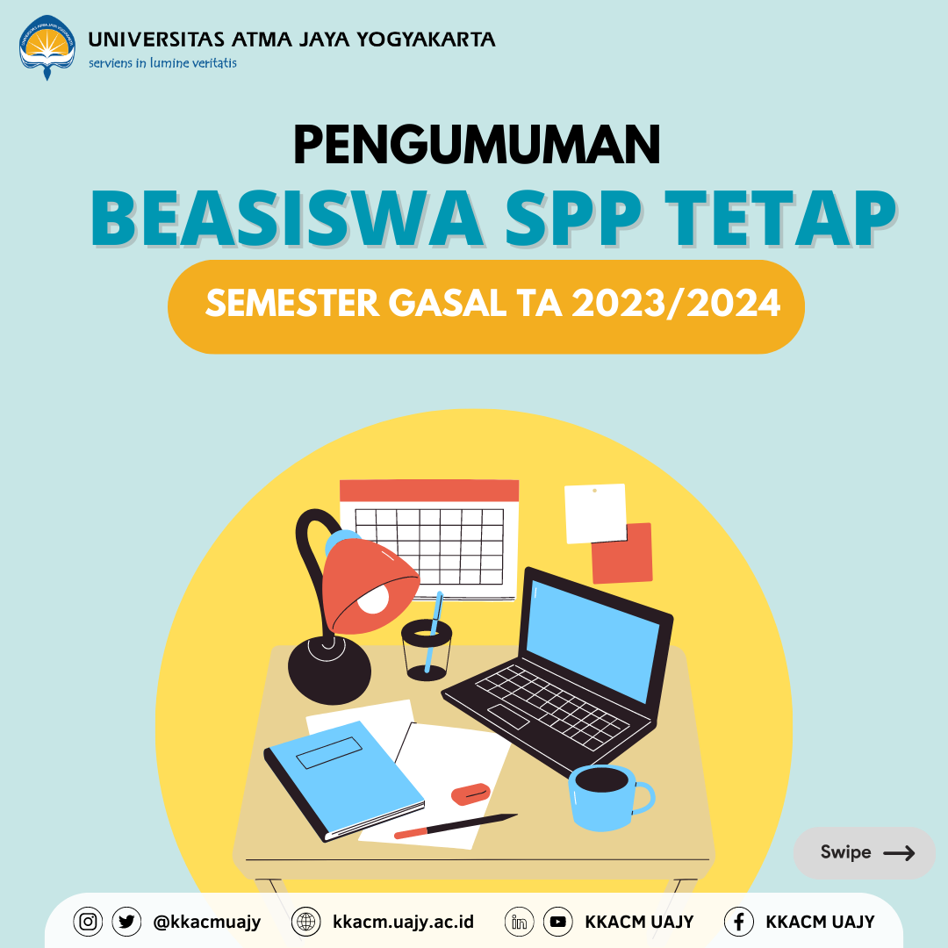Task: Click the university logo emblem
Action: point(47,47)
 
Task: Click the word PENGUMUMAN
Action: point(477,145)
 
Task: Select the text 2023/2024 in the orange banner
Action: point(675,303)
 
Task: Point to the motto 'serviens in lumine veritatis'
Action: point(162,63)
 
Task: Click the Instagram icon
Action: point(88,922)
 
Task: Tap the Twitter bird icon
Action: point(126,922)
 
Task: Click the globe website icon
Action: point(306,922)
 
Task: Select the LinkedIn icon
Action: point(519,922)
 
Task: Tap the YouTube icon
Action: point(557,922)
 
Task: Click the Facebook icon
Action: point(739,922)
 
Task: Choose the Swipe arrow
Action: point(899,853)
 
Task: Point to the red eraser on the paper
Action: point(470,794)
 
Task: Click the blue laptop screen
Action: point(592,640)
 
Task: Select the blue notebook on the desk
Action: point(344,779)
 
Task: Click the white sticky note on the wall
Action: point(595,513)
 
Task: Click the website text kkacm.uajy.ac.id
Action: point(403,922)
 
